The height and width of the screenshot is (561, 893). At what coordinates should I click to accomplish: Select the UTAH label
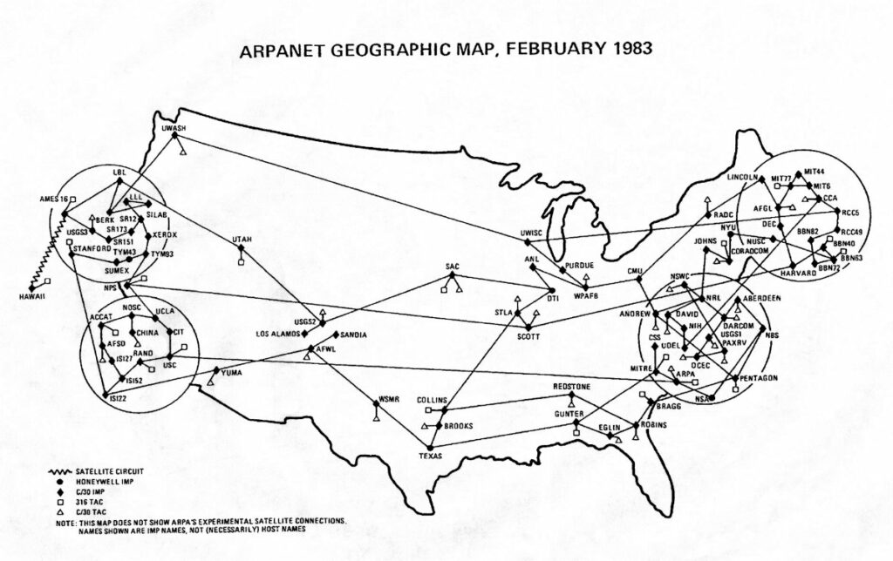pos(242,239)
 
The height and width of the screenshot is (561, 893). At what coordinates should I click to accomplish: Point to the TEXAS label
pos(431,456)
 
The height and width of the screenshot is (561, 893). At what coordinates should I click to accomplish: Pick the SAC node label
pos(452,267)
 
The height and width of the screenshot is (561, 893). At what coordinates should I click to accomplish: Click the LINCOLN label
pos(743,176)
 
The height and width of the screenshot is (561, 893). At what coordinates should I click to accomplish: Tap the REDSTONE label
pos(572,386)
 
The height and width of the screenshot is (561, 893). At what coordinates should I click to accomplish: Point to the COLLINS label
pos(432,401)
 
